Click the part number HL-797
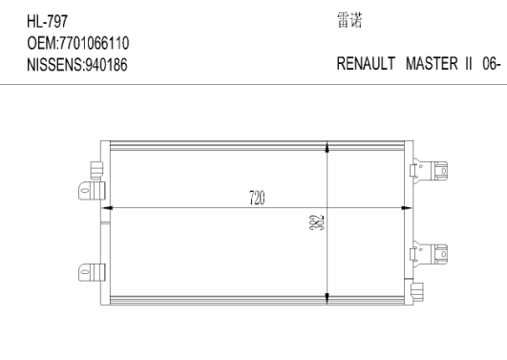click(x=47, y=22)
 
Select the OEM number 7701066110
click(x=94, y=43)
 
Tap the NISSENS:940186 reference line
click(x=77, y=65)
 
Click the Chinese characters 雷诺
click(x=349, y=20)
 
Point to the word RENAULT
click(x=366, y=63)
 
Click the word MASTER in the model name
click(x=432, y=63)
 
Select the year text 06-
click(x=492, y=64)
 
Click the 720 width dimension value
click(x=257, y=198)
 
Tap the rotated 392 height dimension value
click(x=317, y=222)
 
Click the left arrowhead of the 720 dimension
click(x=107, y=208)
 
